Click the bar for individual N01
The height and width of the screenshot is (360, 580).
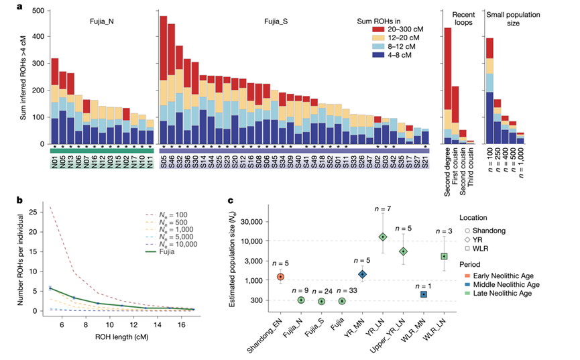click(x=55, y=101)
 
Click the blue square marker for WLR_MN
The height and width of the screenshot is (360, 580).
click(x=424, y=294)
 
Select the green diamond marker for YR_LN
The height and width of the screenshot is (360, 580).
click(x=383, y=237)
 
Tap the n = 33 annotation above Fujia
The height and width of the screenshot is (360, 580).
click(x=343, y=291)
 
